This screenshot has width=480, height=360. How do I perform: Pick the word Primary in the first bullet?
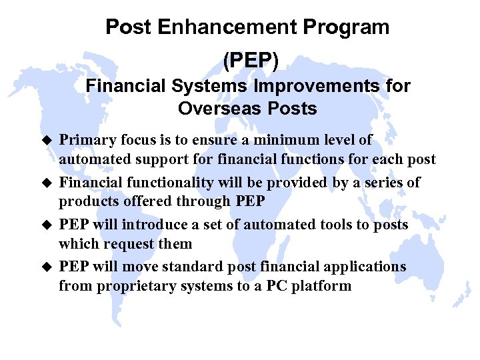pyautogui.click(x=85, y=141)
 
